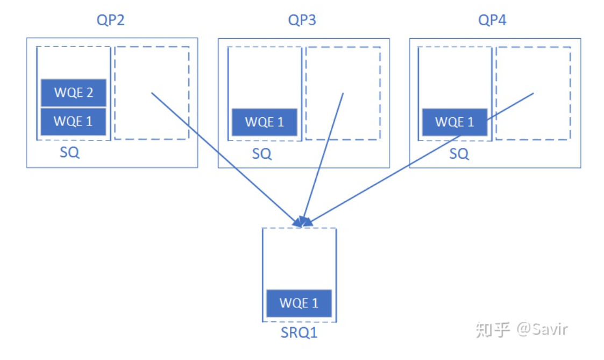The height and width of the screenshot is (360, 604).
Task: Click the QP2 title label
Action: (x=111, y=20)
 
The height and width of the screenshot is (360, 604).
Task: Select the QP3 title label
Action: (x=302, y=20)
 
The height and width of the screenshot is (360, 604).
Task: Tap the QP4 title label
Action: (x=492, y=20)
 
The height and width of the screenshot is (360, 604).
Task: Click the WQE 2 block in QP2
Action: (x=74, y=93)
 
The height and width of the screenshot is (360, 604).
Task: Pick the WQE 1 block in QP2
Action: (x=73, y=122)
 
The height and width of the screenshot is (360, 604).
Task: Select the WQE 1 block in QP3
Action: (x=264, y=122)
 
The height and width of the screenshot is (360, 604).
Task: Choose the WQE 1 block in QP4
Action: (x=454, y=122)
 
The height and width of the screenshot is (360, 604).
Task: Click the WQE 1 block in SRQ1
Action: (x=299, y=303)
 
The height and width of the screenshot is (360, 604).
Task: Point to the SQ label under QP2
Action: (x=70, y=153)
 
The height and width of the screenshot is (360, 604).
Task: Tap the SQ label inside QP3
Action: (x=262, y=154)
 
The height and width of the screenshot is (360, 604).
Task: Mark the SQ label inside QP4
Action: (x=459, y=154)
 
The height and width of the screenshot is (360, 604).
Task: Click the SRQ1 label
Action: (x=299, y=333)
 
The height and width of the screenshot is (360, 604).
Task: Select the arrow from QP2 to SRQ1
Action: (x=226, y=159)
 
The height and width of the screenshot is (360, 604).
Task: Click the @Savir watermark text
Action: (x=542, y=329)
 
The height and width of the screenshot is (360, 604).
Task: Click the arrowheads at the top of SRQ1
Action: (x=303, y=222)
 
